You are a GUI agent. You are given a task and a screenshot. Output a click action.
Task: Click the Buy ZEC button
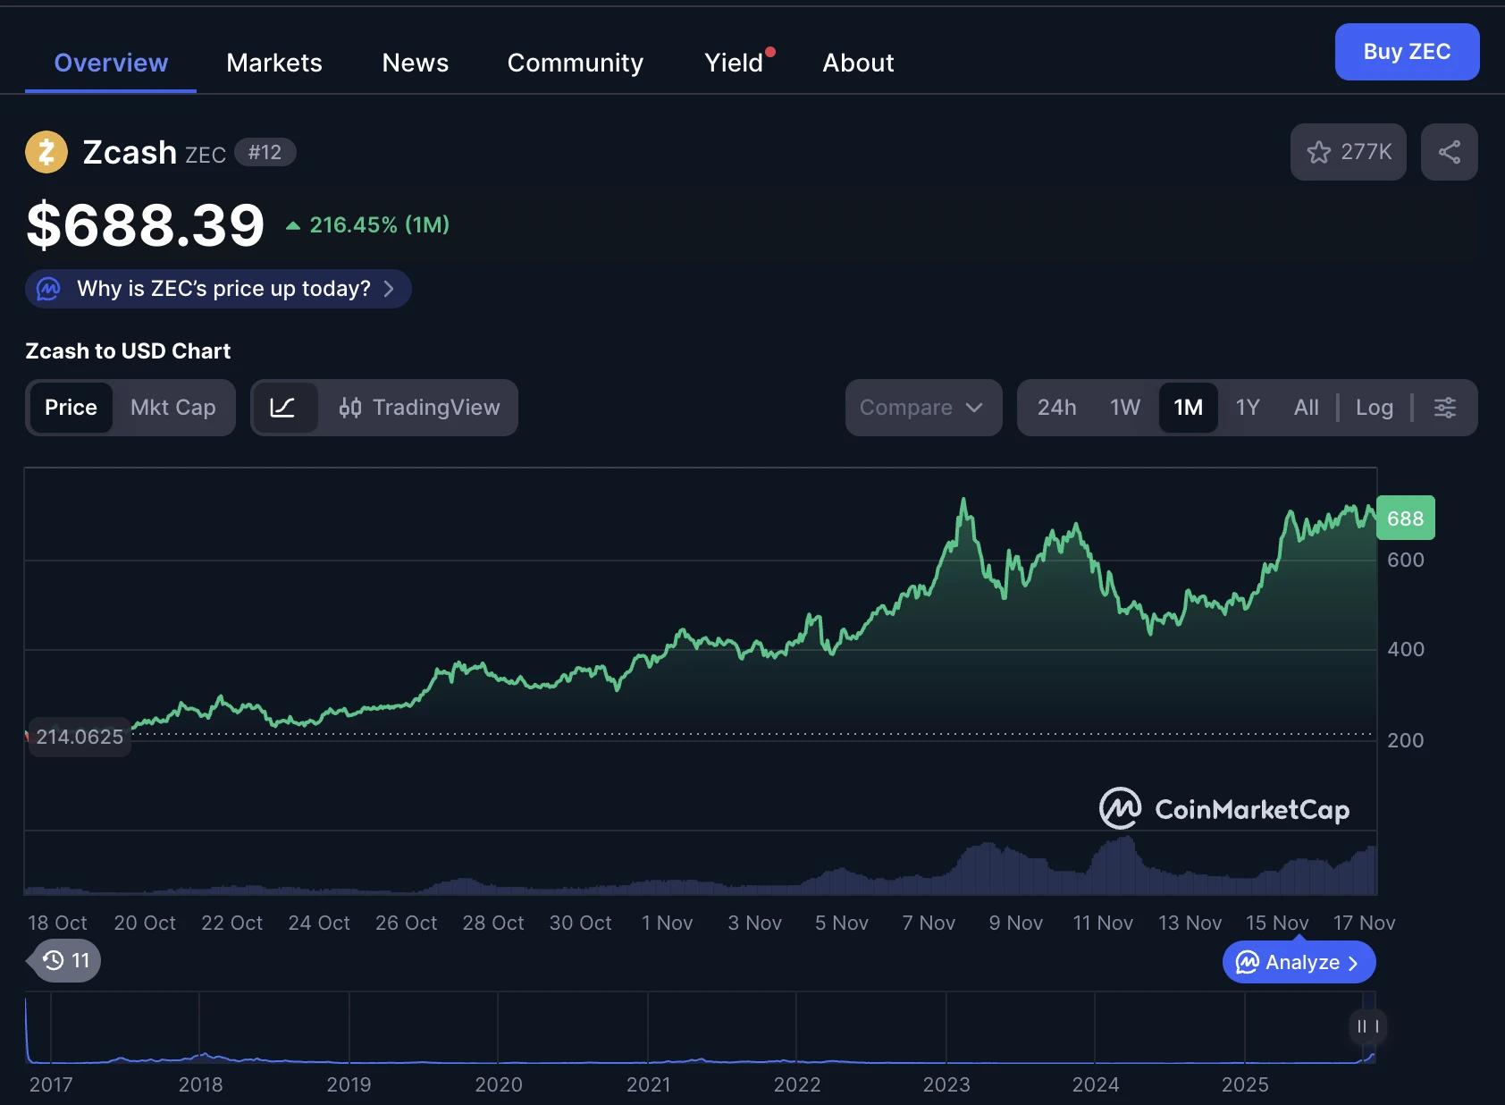click(1407, 52)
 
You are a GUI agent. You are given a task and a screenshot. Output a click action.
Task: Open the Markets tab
click(274, 63)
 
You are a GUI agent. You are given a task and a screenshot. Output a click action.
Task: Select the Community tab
click(575, 63)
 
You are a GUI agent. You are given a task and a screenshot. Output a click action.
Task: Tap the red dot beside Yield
click(770, 52)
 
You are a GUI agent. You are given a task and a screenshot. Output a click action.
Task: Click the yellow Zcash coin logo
click(46, 152)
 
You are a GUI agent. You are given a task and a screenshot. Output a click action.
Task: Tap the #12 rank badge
click(265, 152)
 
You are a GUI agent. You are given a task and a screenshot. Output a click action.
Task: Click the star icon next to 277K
click(1319, 152)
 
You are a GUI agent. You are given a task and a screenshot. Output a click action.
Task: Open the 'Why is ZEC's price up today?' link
click(218, 289)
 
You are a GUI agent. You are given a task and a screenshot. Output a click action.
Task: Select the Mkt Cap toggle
click(173, 408)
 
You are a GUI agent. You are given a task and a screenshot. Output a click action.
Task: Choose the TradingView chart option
click(419, 408)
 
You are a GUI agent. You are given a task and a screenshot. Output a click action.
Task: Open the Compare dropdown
click(923, 408)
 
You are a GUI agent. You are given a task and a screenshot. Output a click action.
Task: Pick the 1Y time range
click(1248, 408)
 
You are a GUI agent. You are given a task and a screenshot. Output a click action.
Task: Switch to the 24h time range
click(1056, 408)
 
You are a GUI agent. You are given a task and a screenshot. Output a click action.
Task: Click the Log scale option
click(1375, 408)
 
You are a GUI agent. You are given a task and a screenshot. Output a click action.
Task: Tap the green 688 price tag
click(1405, 519)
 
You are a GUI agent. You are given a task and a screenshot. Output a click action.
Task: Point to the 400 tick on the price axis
click(1405, 650)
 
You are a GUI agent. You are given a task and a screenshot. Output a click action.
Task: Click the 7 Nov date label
click(929, 923)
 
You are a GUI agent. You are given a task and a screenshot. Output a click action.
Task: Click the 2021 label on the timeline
click(648, 1084)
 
